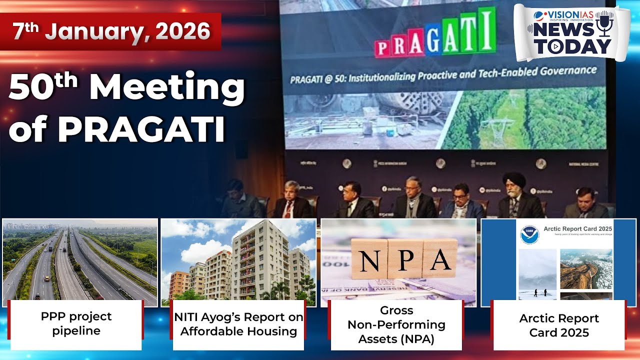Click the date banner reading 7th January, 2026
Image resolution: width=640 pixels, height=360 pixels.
[x=111, y=31]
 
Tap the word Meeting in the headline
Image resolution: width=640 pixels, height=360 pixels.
[x=167, y=89]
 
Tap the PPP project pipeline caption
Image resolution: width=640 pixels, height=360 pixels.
[x=76, y=323]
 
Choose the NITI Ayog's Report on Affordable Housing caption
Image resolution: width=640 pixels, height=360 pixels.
[x=238, y=324]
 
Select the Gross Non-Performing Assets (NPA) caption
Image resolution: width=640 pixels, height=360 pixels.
[x=396, y=324]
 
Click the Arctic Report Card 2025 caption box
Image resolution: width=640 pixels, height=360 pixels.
[x=558, y=325]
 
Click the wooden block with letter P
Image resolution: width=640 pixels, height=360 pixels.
[x=405, y=258]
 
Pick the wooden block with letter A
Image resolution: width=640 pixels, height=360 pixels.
[x=440, y=258]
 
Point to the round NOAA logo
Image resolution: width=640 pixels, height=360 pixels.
[x=529, y=234]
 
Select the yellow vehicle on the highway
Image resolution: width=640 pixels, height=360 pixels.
[x=46, y=278]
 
